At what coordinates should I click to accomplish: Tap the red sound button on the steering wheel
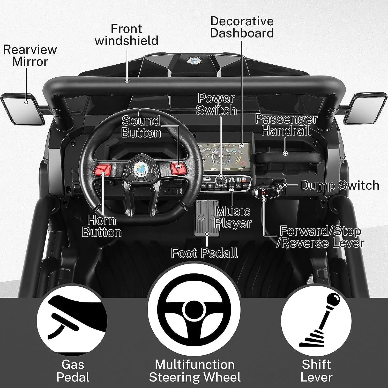(x=179, y=168)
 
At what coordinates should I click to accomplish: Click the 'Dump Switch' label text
(x=340, y=185)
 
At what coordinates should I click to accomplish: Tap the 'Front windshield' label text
(x=126, y=35)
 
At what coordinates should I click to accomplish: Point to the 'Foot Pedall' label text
(x=204, y=253)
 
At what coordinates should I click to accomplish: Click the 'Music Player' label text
(x=233, y=218)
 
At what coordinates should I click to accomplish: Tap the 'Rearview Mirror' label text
(x=30, y=55)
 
